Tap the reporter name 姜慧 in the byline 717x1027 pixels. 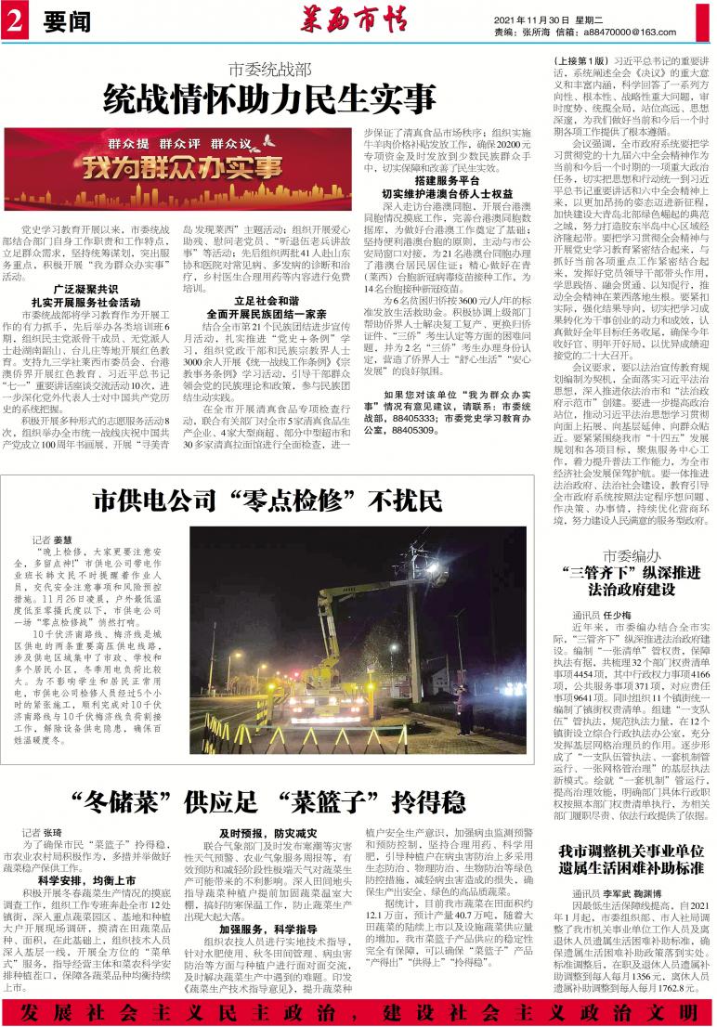click(61, 539)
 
